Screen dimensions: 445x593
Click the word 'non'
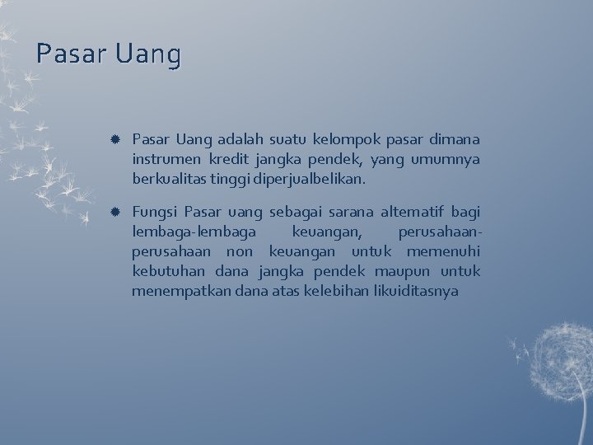pos(240,251)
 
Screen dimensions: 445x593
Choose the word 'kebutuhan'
pos(168,271)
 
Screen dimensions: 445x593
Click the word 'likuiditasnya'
pos(418,291)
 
